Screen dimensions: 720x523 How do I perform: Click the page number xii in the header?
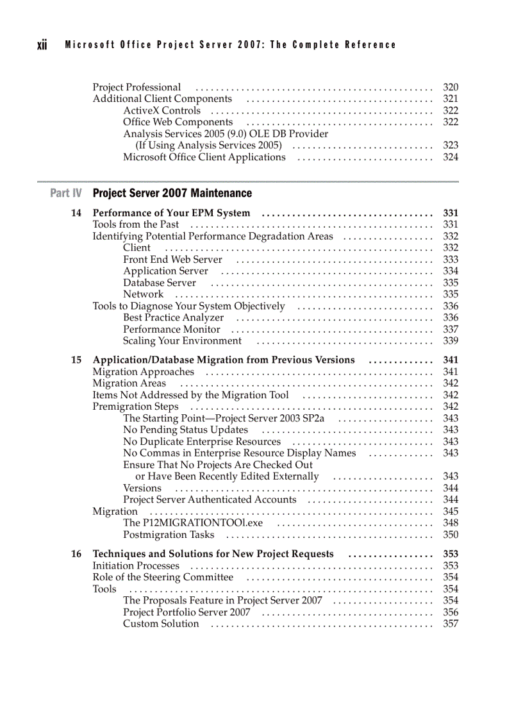[x=42, y=45]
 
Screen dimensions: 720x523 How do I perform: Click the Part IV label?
[x=66, y=193]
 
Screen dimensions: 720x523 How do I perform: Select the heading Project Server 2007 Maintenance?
[x=172, y=193]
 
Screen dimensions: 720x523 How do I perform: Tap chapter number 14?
[x=76, y=213]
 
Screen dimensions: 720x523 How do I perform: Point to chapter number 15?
[x=76, y=360]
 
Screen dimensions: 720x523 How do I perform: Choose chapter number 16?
[x=76, y=554]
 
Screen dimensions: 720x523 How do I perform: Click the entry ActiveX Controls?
[x=162, y=111]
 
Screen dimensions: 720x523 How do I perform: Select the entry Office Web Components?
[x=178, y=122]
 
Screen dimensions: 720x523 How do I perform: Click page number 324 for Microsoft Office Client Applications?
[x=451, y=157]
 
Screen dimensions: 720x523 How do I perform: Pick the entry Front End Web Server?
[x=172, y=260]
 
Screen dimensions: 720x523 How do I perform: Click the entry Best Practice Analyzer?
[x=173, y=318]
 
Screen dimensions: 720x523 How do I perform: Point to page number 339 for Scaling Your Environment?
[x=451, y=341]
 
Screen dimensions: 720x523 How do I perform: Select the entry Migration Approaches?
[x=143, y=372]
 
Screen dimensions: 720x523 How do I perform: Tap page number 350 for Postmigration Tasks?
[x=451, y=535]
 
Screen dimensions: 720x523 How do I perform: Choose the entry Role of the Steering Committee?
[x=163, y=578]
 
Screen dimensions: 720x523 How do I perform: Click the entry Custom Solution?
[x=161, y=624]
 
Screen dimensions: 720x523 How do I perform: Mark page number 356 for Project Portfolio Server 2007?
[x=451, y=612]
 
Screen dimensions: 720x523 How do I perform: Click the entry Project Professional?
[x=137, y=87]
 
